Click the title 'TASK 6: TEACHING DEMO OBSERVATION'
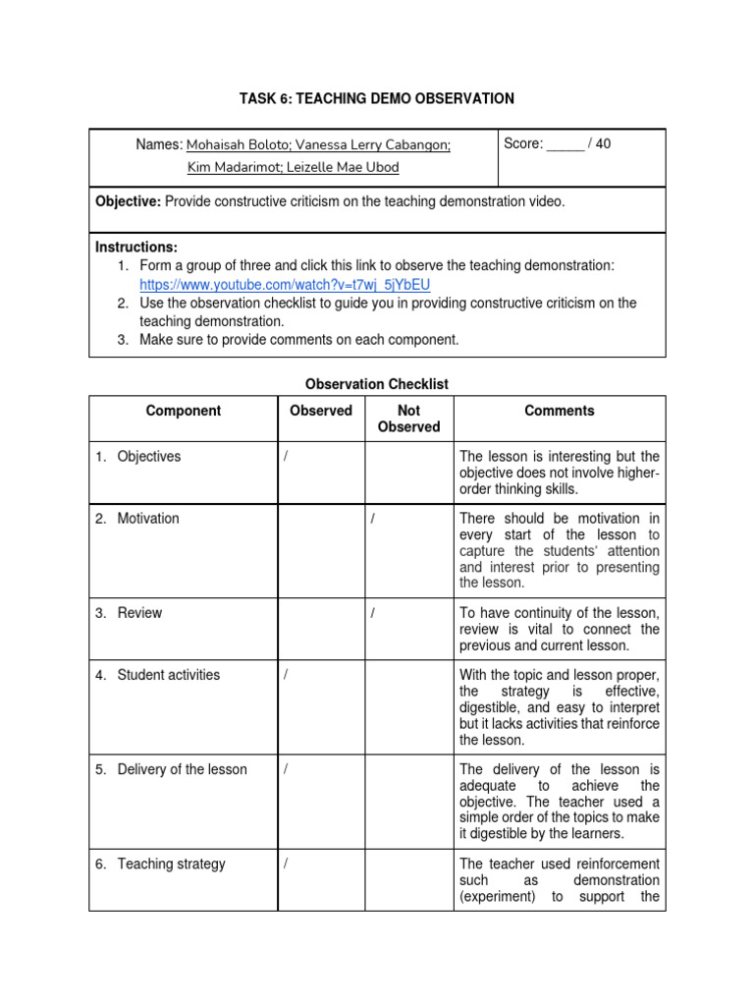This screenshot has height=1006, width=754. pyautogui.click(x=377, y=98)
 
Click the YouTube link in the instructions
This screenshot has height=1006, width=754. pyautogui.click(x=285, y=285)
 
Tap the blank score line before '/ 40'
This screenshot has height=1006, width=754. pyautogui.click(x=565, y=144)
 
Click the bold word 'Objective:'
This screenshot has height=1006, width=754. pyautogui.click(x=128, y=201)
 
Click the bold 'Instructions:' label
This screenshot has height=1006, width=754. pyautogui.click(x=136, y=248)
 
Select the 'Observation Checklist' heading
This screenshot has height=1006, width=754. pyautogui.click(x=377, y=384)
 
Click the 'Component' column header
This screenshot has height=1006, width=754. pyautogui.click(x=184, y=411)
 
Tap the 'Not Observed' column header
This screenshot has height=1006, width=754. pyautogui.click(x=408, y=419)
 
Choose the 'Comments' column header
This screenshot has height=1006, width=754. pyautogui.click(x=559, y=411)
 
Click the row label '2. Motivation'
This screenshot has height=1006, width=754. pyautogui.click(x=137, y=518)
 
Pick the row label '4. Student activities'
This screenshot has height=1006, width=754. pyautogui.click(x=158, y=675)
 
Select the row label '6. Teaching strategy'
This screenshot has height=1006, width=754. pyautogui.click(x=161, y=864)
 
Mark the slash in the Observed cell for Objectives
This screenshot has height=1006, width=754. pyautogui.click(x=286, y=457)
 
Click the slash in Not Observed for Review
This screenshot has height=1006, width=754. pyautogui.click(x=373, y=613)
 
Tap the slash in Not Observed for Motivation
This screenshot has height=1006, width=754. pyautogui.click(x=373, y=519)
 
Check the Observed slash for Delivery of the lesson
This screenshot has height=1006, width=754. pyautogui.click(x=286, y=770)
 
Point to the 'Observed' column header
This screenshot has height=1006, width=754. pyautogui.click(x=320, y=411)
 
